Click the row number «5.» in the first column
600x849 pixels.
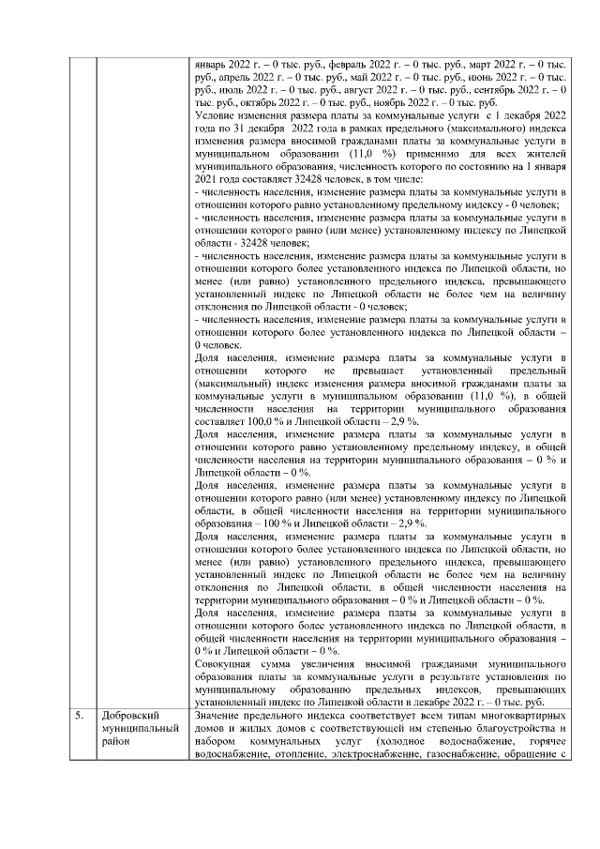tap(82, 716)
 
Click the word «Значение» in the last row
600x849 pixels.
tap(217, 716)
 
